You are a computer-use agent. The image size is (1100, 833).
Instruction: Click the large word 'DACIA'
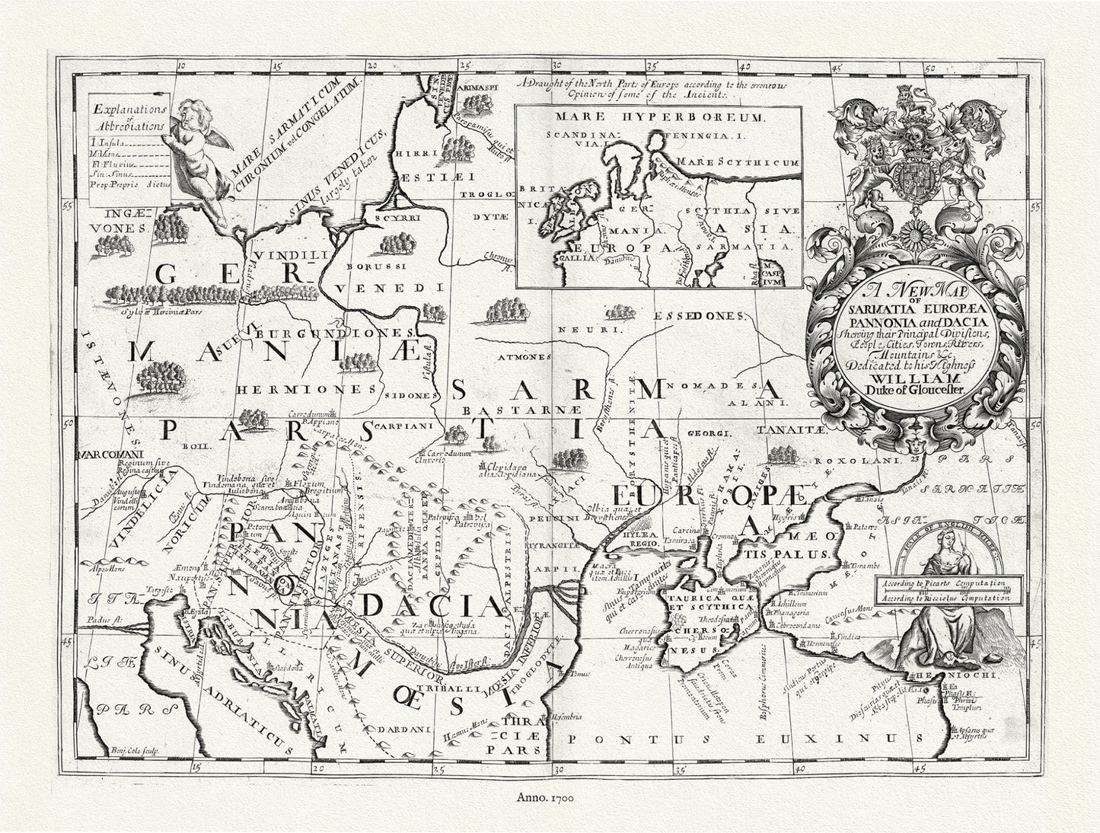pos(430,606)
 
